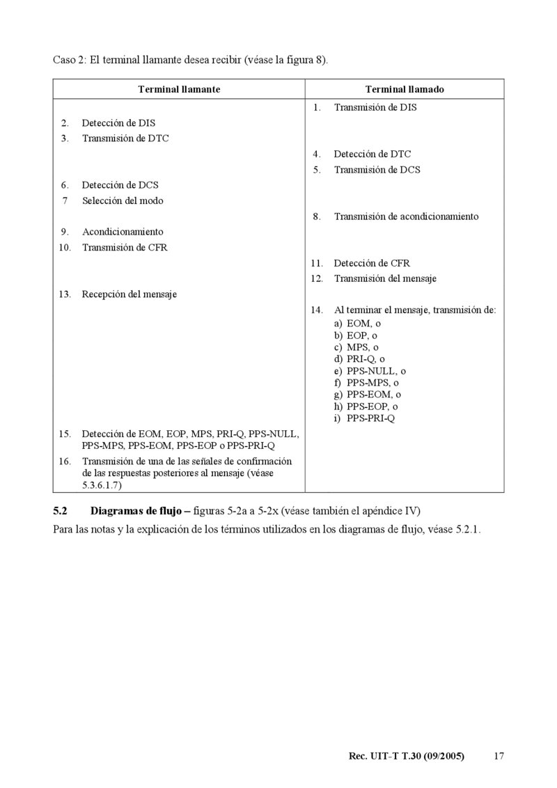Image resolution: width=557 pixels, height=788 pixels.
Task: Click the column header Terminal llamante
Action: point(180,90)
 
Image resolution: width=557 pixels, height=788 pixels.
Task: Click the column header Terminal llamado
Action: point(405,90)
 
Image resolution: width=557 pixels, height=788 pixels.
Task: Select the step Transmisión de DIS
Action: point(375,107)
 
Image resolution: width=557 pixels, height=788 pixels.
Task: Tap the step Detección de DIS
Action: point(118,123)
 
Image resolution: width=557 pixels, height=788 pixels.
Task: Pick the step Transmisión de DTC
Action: point(125,139)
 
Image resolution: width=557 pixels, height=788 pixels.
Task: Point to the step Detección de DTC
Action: point(372,154)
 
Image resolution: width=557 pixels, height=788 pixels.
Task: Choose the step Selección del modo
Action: point(123,200)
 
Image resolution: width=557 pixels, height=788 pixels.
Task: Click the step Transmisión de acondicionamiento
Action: point(406,216)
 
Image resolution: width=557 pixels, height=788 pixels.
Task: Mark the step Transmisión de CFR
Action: point(125,247)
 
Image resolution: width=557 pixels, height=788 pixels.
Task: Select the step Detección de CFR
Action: point(372,263)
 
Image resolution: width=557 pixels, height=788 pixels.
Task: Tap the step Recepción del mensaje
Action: point(130,294)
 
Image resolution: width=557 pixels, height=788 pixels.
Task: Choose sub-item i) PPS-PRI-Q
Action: point(364,418)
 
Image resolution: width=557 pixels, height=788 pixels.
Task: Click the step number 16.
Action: point(65,461)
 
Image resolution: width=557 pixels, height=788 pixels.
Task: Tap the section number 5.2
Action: point(61,511)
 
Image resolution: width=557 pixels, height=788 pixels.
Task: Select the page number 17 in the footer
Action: point(498,756)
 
